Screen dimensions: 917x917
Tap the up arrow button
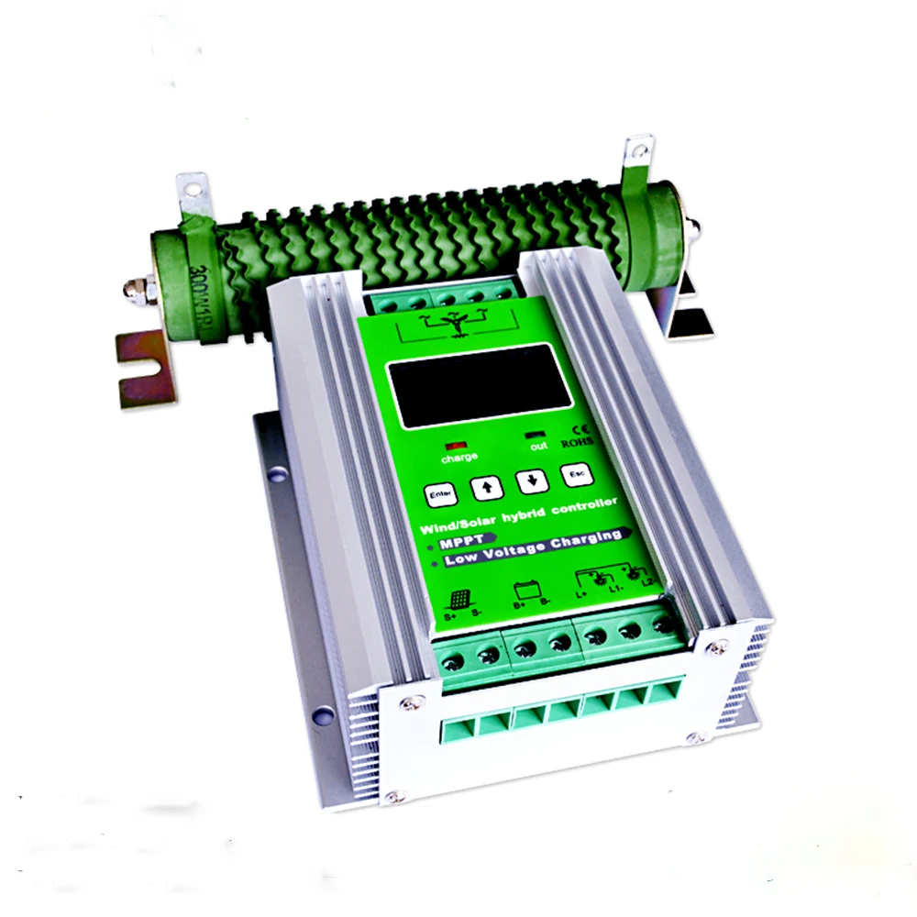(x=487, y=488)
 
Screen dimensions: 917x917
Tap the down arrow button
(x=531, y=481)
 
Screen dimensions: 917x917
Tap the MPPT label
(x=466, y=546)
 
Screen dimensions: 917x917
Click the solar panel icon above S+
(x=457, y=600)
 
